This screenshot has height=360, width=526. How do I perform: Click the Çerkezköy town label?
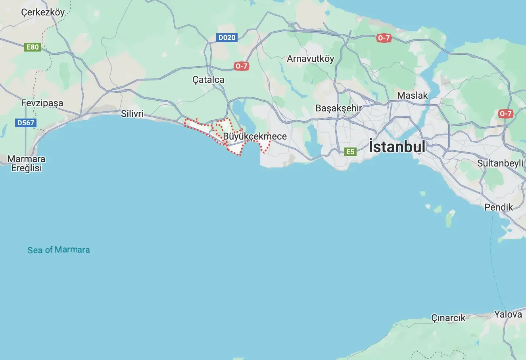point(43,13)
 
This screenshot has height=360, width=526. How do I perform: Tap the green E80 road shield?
point(33,47)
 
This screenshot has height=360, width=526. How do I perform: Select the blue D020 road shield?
point(227,38)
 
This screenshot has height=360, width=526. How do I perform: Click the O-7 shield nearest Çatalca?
point(241,66)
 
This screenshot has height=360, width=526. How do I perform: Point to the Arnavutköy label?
point(311,59)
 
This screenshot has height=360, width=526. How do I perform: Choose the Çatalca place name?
point(208,80)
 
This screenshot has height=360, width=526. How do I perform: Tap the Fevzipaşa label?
point(42,103)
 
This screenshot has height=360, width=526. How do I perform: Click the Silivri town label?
point(132,114)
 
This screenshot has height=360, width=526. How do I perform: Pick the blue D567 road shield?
point(26,123)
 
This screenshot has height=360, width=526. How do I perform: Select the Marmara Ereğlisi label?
point(27,163)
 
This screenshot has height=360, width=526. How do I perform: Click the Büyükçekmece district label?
point(255,136)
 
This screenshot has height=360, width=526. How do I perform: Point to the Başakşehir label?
point(339,108)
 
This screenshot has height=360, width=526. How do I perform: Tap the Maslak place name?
point(413,96)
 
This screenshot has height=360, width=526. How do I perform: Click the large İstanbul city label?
point(397,147)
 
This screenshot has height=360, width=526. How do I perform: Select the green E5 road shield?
point(350,151)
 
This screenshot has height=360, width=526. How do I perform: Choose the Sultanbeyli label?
point(500,163)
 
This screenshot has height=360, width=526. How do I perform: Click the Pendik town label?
point(499,207)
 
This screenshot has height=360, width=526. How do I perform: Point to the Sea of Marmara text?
point(59,250)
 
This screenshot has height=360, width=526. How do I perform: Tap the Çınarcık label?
point(448,318)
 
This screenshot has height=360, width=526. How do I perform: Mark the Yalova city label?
point(508,314)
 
